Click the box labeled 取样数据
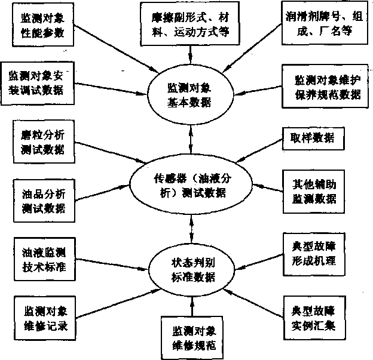[x=317, y=139]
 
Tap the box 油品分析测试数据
[x=38, y=202]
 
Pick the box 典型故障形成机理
[x=315, y=253]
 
